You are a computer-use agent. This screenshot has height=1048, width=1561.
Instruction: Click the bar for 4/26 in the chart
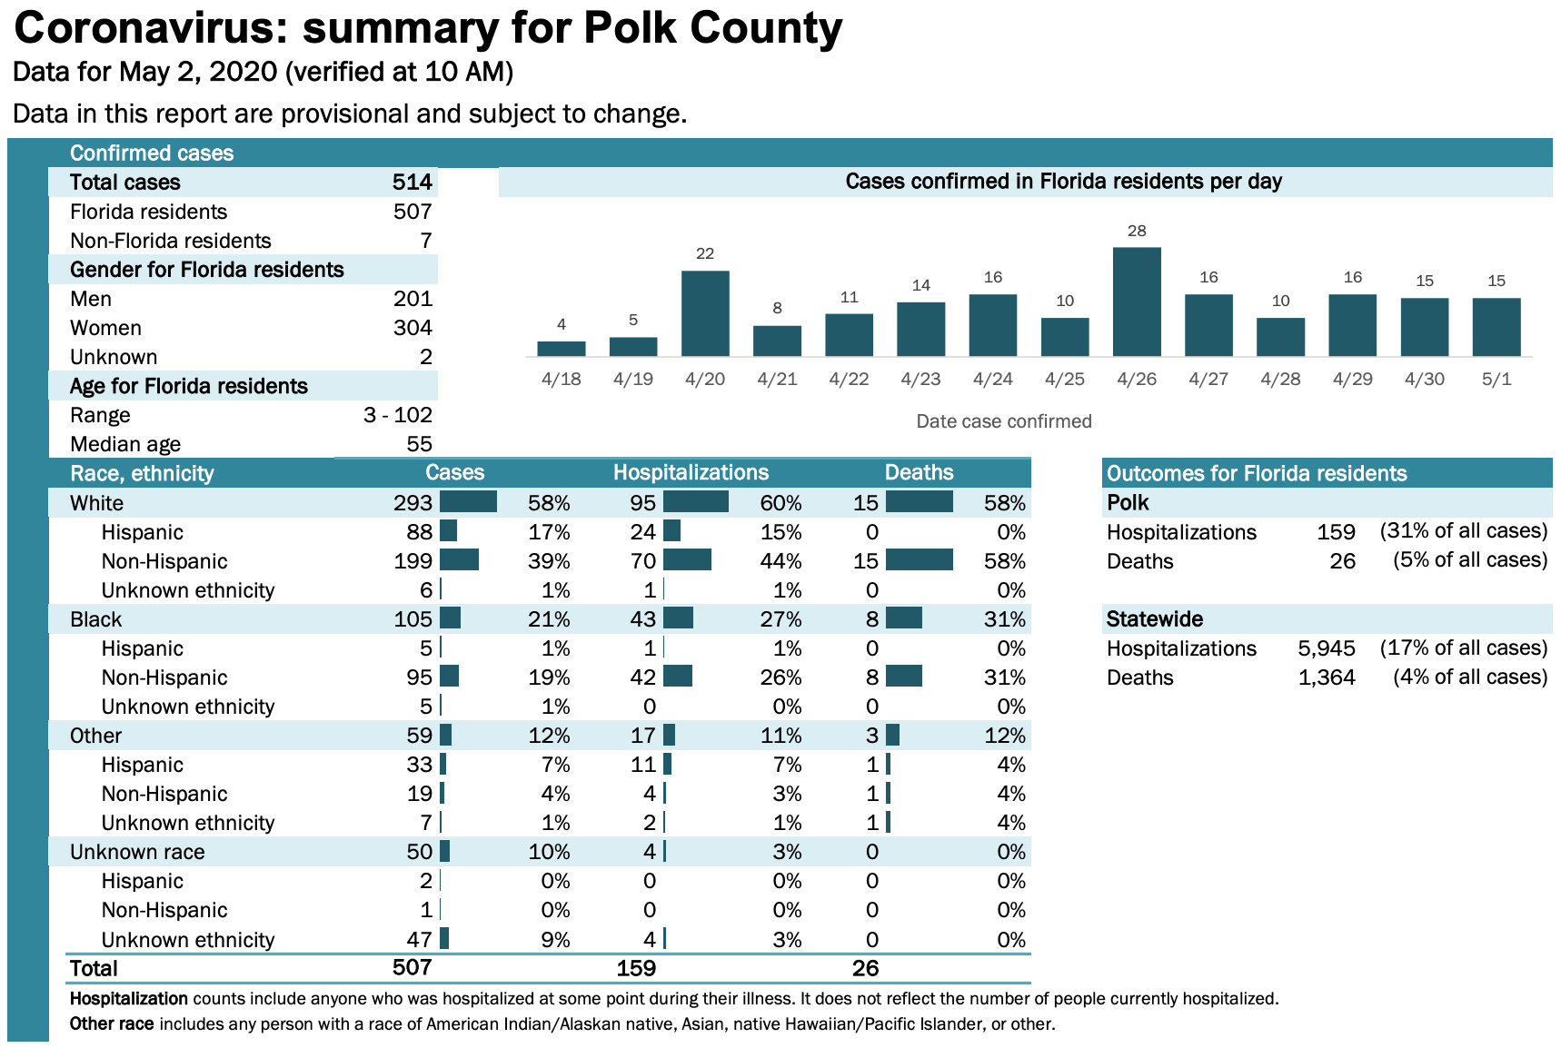point(1137,302)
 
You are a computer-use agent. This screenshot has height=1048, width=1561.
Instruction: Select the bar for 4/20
point(705,313)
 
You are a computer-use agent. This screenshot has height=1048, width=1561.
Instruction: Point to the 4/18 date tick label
point(561,379)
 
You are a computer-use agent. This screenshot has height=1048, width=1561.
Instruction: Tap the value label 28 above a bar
point(1137,231)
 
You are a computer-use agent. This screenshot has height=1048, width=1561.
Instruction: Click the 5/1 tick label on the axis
point(1496,379)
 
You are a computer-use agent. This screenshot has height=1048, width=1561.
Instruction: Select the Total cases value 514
point(412,183)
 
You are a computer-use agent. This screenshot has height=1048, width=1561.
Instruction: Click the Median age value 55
point(419,444)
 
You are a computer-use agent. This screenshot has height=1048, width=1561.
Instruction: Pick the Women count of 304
point(413,328)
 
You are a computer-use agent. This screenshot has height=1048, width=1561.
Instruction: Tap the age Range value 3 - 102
point(397,415)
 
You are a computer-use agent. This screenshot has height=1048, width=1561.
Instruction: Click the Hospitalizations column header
point(691,473)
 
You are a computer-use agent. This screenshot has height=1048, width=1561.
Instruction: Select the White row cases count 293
point(413,503)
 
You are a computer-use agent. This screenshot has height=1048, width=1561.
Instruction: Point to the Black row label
point(95,619)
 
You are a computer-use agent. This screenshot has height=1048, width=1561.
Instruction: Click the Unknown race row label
point(137,852)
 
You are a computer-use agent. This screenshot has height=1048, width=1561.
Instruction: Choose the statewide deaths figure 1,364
point(1327,677)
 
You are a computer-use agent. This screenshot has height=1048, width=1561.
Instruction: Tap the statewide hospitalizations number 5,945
point(1327,648)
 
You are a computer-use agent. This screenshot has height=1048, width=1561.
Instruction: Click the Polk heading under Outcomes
point(1128,503)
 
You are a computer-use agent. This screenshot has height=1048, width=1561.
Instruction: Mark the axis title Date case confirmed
point(1003,421)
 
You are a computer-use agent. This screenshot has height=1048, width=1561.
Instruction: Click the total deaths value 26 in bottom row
point(865,968)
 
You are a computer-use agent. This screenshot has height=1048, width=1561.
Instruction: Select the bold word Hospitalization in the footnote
point(128,999)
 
